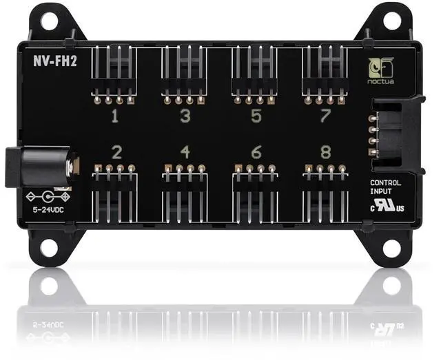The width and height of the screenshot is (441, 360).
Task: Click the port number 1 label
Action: coord(114,116)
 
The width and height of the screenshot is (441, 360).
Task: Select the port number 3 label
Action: coord(185,116)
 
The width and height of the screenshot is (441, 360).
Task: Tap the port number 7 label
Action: coord(326,116)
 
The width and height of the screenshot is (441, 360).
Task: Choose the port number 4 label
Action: coord(185,151)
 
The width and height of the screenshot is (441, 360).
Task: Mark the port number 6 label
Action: coord(256,151)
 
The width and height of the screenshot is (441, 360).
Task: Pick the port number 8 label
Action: coord(326,151)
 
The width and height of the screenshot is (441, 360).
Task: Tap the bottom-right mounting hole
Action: coord(393,246)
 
